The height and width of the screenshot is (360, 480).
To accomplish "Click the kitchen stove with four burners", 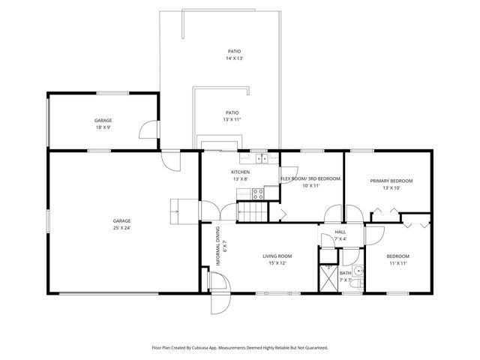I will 258,193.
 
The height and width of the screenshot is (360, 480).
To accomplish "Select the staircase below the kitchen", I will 252,213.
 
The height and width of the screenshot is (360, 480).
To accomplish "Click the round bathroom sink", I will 358,271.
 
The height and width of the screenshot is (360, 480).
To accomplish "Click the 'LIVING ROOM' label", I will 275,256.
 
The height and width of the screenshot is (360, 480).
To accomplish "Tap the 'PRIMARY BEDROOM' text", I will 391,181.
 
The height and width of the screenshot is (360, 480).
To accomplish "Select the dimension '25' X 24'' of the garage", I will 122,227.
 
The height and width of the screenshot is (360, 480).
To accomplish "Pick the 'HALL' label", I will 340,232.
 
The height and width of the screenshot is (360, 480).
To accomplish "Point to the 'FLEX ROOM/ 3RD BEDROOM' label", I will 310,178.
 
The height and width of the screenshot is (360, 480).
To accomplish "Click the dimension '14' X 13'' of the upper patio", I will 235,58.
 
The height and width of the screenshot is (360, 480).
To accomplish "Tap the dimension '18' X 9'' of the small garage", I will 103,127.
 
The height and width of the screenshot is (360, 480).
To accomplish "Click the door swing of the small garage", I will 150,129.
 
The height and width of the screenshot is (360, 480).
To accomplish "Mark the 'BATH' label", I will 345,273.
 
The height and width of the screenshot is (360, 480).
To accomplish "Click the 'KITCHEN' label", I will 240,172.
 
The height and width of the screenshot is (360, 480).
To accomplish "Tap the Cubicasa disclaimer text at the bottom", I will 240,348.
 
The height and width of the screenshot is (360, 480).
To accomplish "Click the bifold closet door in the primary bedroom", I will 380,214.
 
